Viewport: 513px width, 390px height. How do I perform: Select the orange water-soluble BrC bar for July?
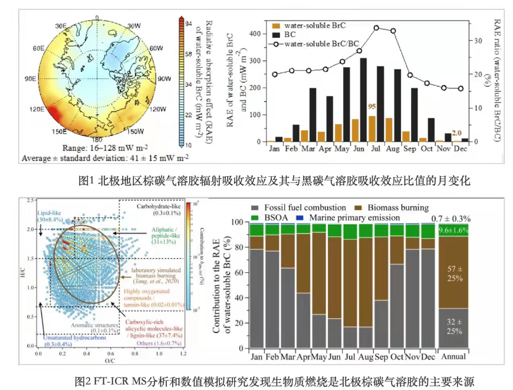point(372,129)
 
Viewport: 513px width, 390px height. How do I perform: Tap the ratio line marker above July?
point(376,28)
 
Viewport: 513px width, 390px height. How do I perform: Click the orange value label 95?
point(372,107)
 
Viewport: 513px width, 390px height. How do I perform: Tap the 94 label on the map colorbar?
point(189,24)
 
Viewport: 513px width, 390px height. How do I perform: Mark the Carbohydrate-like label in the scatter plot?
point(160,207)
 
